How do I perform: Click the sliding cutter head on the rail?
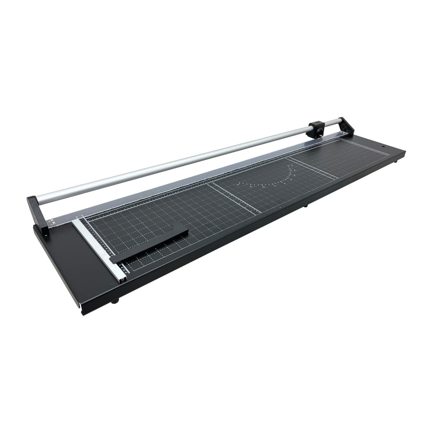pyautogui.click(x=316, y=129)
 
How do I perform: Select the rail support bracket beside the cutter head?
pyautogui.click(x=346, y=126)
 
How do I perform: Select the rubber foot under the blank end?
pyautogui.click(x=114, y=301)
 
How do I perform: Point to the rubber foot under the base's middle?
pyautogui.click(x=305, y=206)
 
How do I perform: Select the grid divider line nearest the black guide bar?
pyautogui.click(x=235, y=198)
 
